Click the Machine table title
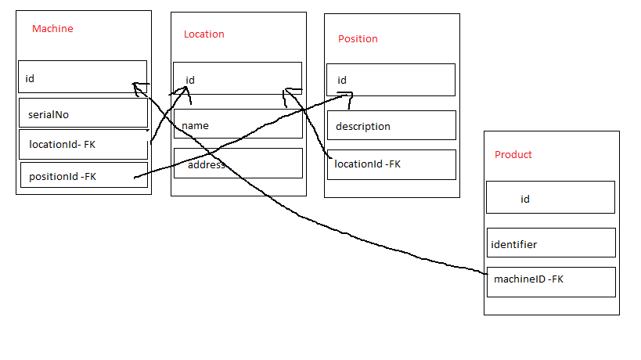(52, 29)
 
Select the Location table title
(203, 34)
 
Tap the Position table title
(358, 38)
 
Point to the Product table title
(513, 154)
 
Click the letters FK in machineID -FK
(556, 279)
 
